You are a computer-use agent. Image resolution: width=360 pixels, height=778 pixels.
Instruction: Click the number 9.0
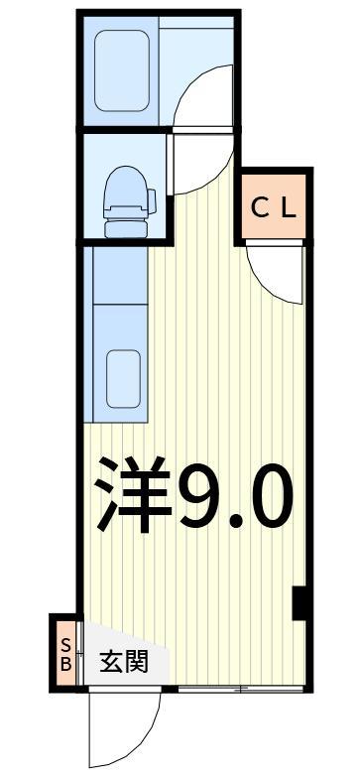pyautogui.click(x=235, y=496)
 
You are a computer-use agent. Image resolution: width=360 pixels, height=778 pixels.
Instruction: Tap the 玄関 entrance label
pyautogui.click(x=124, y=661)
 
